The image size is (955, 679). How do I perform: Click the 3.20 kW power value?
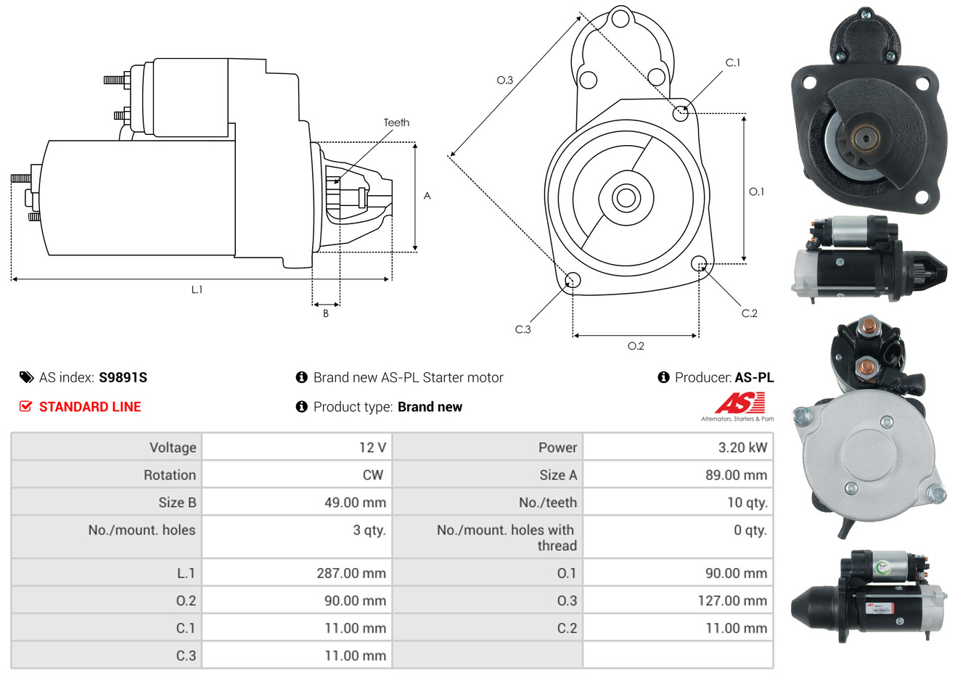[x=742, y=447]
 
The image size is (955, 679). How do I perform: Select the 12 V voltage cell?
[x=372, y=447]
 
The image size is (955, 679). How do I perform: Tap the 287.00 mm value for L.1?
[x=351, y=573]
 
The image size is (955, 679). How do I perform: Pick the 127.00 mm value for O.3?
[x=732, y=601]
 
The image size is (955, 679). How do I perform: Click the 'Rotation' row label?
[x=170, y=475]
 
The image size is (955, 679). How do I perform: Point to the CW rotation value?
[x=372, y=475]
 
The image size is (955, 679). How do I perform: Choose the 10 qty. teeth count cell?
[x=747, y=503]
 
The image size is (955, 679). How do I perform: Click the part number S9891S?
[x=123, y=377]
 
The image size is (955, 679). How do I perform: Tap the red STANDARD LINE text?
[x=90, y=407]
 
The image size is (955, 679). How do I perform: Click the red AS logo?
[x=739, y=403]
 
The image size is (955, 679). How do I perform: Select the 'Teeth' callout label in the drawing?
[x=396, y=123]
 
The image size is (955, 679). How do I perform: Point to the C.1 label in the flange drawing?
[x=732, y=62]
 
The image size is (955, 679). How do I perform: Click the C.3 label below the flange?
[x=522, y=329]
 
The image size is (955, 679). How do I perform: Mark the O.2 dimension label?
[x=636, y=346]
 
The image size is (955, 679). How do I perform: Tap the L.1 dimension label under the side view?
[x=197, y=290]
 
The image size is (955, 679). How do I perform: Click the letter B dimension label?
[x=326, y=313]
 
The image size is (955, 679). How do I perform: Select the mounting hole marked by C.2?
[x=698, y=263]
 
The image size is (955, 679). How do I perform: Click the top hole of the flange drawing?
[x=620, y=19]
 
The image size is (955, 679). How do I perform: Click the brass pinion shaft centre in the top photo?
[x=865, y=138]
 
